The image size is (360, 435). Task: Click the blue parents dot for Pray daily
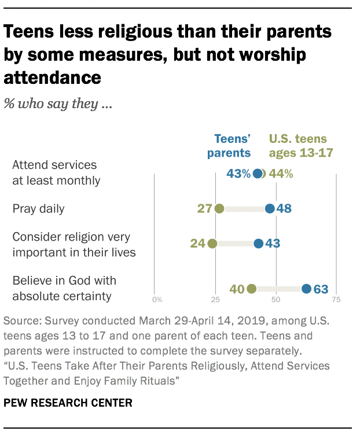pyautogui.click(x=270, y=208)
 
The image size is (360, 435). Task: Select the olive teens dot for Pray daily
pyautogui.click(x=219, y=208)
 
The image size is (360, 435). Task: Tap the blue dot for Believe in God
pyautogui.click(x=306, y=289)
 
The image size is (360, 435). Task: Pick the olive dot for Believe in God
pyautogui.click(x=251, y=289)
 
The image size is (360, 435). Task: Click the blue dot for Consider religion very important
pyautogui.click(x=258, y=244)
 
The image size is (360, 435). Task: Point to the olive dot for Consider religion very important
pyautogui.click(x=212, y=244)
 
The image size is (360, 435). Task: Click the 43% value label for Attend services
pyautogui.click(x=238, y=174)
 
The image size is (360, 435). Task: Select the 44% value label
pyautogui.click(x=281, y=174)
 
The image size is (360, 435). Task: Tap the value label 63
pyautogui.click(x=321, y=289)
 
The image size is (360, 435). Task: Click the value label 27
pyautogui.click(x=204, y=208)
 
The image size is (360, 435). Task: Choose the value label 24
pyautogui.click(x=198, y=244)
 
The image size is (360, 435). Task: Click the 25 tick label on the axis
pyautogui.click(x=215, y=300)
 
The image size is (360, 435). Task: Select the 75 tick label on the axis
pyautogui.click(x=336, y=300)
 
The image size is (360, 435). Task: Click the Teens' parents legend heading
pyautogui.click(x=232, y=146)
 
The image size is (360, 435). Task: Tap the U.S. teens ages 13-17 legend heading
pyautogui.click(x=298, y=146)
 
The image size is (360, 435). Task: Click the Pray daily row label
pyautogui.click(x=39, y=208)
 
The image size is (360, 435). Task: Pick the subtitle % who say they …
pyautogui.click(x=57, y=105)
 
